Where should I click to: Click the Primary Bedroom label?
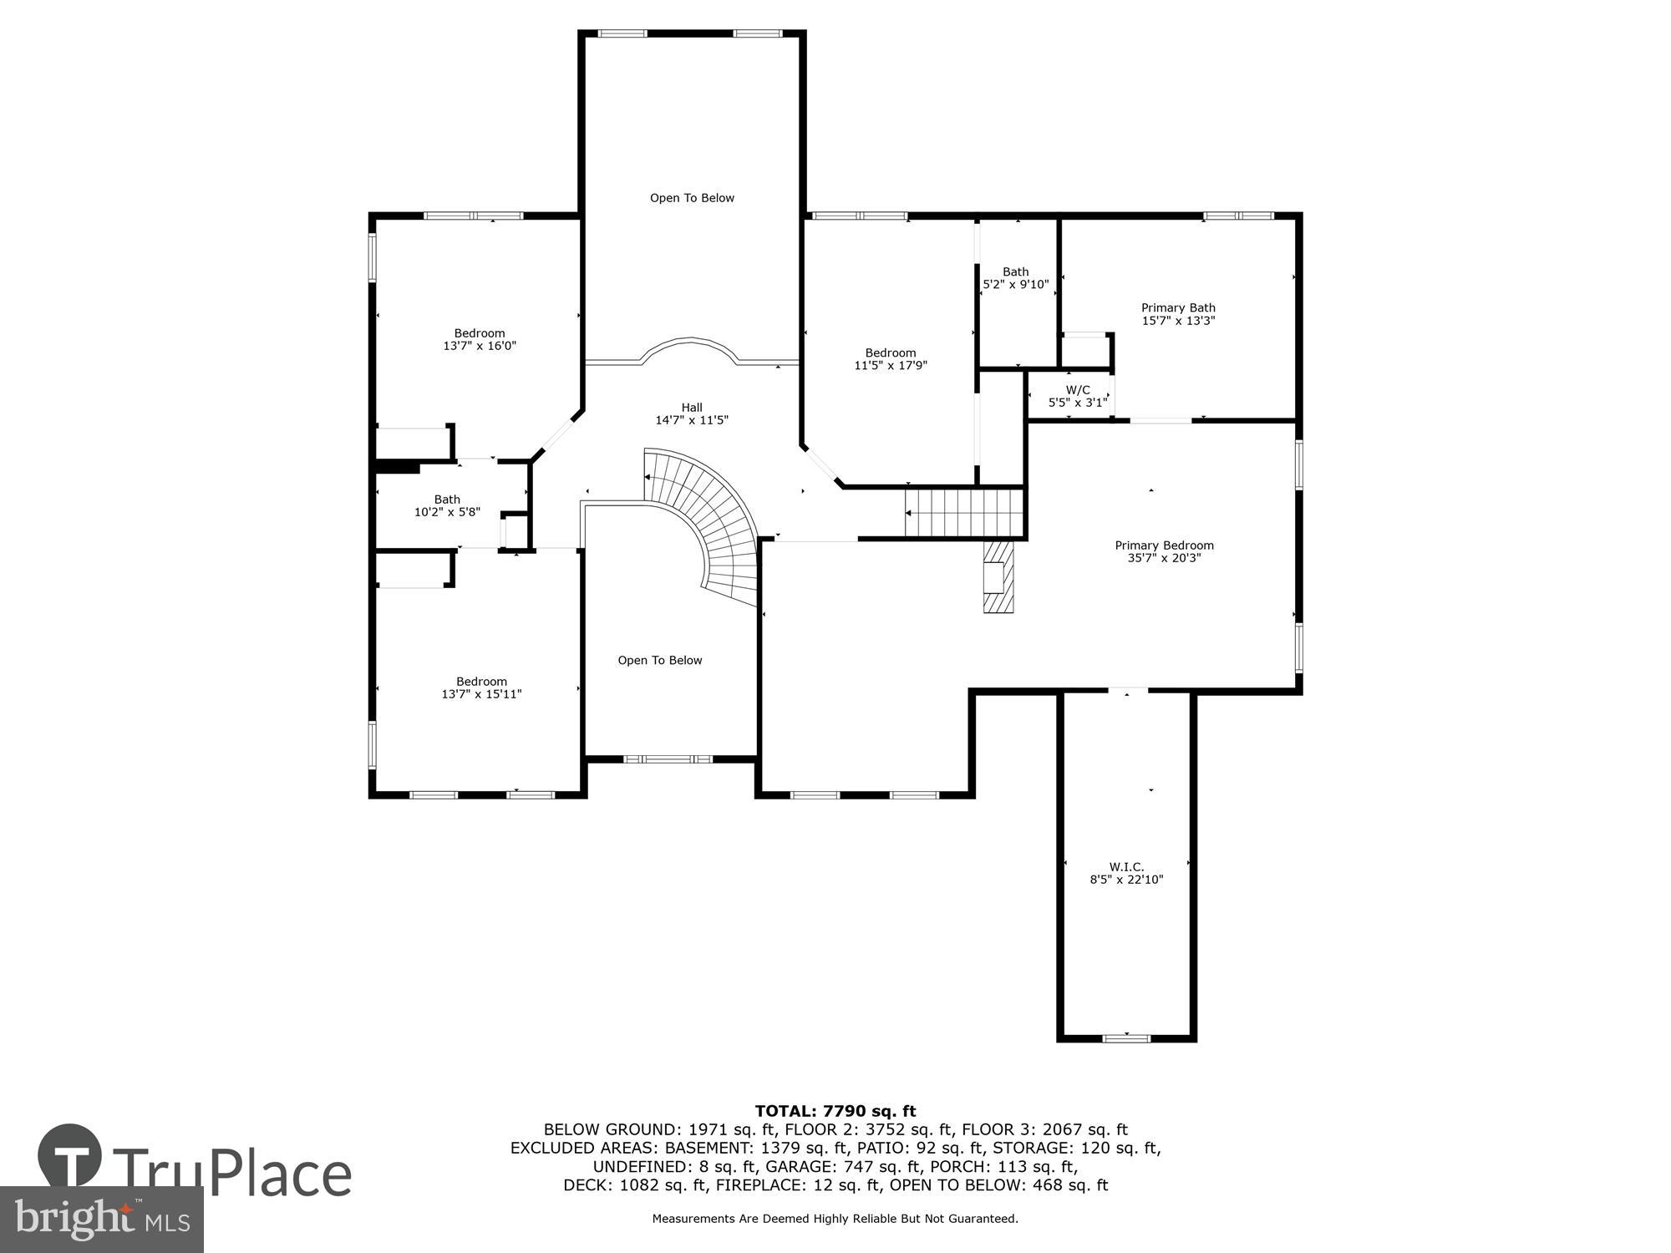[1164, 551]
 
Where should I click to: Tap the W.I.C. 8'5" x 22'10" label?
[1126, 873]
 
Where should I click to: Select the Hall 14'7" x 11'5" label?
[692, 414]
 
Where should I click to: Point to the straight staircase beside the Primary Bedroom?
[965, 513]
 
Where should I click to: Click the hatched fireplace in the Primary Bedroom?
[998, 576]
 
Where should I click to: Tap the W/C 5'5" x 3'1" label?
[1078, 396]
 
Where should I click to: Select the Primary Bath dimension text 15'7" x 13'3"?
[1178, 321]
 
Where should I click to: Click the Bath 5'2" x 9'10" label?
[1015, 278]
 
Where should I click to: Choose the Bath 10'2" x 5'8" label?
[447, 505]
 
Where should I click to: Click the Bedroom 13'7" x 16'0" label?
[480, 339]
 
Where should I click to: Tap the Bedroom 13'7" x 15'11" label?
[481, 687]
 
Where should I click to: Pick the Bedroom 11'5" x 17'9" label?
[891, 359]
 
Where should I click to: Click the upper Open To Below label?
[692, 198]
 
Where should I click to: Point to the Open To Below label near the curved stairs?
[660, 660]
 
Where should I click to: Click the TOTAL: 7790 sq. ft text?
[835, 1111]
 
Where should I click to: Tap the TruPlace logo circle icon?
[69, 1157]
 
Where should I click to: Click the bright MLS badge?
[101, 1220]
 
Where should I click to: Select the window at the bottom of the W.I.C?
[1126, 1038]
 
